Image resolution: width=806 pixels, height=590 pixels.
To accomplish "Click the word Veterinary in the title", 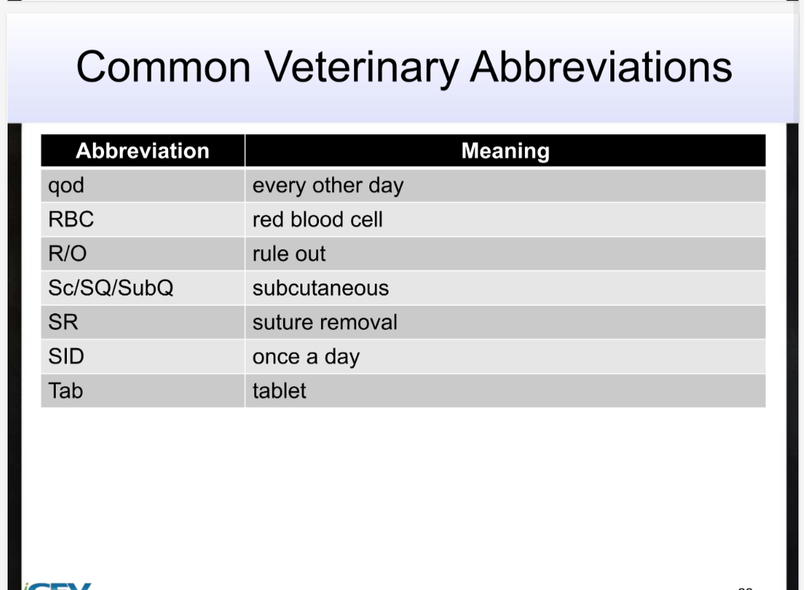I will tap(361, 67).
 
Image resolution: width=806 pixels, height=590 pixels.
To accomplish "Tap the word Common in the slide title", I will tap(163, 67).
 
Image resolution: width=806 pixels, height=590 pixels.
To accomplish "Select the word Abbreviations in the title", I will tap(601, 67).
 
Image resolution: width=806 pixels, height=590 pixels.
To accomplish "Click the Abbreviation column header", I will tap(143, 151).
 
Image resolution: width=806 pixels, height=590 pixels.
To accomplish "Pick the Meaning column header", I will tap(505, 151).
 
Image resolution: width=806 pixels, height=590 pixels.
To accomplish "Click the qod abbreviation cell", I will tap(66, 186).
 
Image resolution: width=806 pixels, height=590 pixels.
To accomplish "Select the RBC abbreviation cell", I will tap(71, 220).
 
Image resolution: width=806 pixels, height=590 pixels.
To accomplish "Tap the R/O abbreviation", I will tap(68, 254).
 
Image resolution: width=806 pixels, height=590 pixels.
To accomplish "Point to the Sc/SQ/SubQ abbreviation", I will tap(111, 288).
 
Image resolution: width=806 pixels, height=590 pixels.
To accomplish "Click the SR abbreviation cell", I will tap(63, 322).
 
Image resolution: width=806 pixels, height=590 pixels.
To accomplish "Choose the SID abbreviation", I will tap(66, 357).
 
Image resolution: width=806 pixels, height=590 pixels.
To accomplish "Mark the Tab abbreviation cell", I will tap(65, 391).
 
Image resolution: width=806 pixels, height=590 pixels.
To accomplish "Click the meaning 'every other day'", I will tap(328, 186).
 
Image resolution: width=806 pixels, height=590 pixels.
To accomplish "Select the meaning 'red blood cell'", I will tap(318, 220).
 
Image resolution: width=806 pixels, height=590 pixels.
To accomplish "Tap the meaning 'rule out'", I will tap(289, 254).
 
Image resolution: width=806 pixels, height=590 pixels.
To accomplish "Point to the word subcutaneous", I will tap(321, 288).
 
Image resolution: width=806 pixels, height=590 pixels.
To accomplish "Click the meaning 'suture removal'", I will tap(325, 322).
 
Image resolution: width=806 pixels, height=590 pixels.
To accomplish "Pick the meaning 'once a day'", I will tap(307, 357).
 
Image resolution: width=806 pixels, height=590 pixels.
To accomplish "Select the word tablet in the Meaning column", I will tap(280, 391).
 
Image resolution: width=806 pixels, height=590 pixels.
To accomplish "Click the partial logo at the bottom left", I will tap(58, 585).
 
